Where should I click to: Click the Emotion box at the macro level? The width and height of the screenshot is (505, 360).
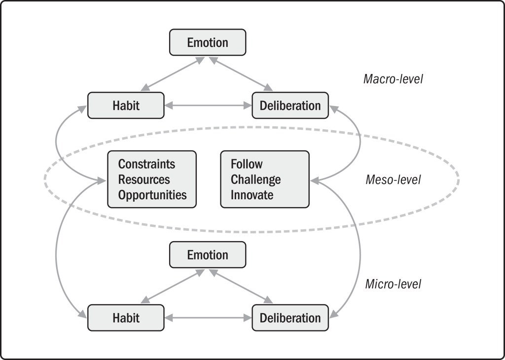207,42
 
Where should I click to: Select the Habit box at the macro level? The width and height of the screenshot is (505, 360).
126,106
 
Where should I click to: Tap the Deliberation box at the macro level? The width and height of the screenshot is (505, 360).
290,106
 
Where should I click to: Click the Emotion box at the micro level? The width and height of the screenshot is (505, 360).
207,255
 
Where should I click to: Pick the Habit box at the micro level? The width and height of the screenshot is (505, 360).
126,318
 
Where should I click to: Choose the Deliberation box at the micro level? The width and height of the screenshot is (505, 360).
290,318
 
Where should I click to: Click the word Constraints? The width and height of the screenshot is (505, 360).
146,164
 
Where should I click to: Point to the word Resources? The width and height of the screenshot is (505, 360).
144,179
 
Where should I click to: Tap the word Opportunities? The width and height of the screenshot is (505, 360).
152,194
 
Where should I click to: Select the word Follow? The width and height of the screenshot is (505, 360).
247,164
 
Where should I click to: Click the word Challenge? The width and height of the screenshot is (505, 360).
255,179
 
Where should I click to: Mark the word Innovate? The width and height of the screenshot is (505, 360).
252,194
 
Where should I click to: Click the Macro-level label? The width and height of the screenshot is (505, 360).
393,79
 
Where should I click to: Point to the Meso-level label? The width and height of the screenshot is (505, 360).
393,180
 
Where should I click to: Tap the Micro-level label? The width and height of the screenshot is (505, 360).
393,284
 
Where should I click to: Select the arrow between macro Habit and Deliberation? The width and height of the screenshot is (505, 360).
208,106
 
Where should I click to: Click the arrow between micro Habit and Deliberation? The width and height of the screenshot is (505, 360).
208,318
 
